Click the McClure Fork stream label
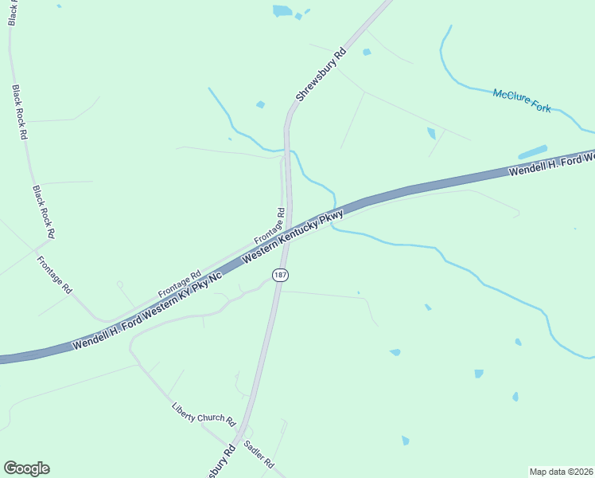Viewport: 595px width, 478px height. click(x=522, y=100)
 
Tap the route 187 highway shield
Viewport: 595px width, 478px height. click(x=279, y=275)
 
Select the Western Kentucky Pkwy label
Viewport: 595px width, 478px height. click(x=293, y=237)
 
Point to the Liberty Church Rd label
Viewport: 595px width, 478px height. click(x=204, y=413)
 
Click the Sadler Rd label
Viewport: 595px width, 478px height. click(x=259, y=454)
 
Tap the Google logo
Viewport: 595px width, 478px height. click(x=26, y=468)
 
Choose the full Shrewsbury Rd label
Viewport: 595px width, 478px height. click(x=321, y=74)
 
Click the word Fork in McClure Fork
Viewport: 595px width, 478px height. click(x=540, y=105)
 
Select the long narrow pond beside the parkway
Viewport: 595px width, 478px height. click(x=532, y=151)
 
